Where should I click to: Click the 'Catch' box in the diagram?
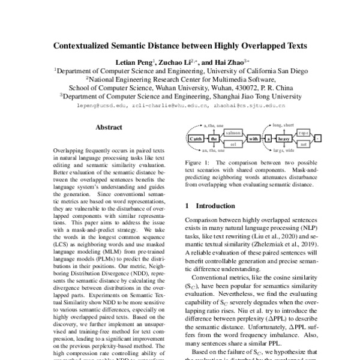pyautogui.click(x=194, y=139)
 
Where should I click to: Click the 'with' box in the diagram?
pyautogui.click(x=253, y=139)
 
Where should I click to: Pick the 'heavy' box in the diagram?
pyautogui.click(x=283, y=139)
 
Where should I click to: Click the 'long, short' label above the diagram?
pyautogui.click(x=283, y=125)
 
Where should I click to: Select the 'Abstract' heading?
pyautogui.click(x=109, y=127)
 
